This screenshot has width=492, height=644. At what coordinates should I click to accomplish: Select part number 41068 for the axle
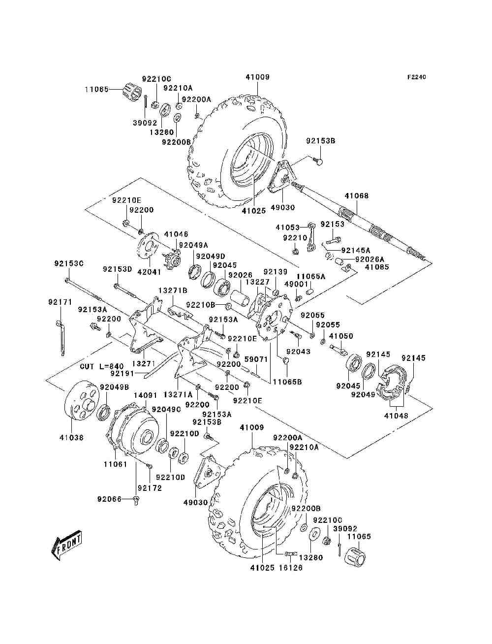click(357, 196)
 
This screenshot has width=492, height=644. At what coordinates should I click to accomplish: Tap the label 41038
click(71, 437)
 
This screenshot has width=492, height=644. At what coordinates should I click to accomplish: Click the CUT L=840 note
click(101, 367)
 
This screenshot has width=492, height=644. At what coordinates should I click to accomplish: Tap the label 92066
click(109, 499)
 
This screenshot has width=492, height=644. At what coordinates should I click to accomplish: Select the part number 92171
click(60, 301)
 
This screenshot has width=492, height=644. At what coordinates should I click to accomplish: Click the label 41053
click(287, 227)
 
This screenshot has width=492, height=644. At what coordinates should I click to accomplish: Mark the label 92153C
click(69, 264)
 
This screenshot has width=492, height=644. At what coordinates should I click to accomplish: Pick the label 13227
click(257, 282)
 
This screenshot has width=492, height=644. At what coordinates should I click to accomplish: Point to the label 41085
click(376, 267)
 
